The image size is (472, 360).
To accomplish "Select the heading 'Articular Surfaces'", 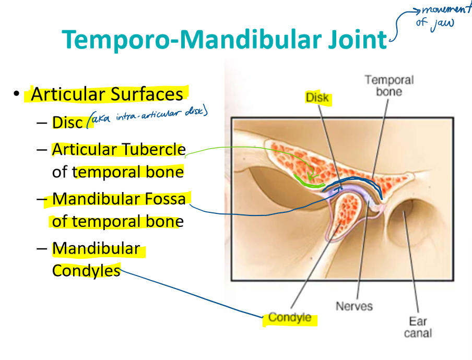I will (107, 94).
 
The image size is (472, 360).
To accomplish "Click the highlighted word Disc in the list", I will (67, 123).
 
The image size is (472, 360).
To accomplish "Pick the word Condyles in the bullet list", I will (86, 271).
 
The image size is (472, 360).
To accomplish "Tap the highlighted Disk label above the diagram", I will (317, 98).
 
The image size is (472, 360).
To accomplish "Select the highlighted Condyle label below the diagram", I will (290, 318).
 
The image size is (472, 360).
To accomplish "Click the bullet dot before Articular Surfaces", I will (17, 94).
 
